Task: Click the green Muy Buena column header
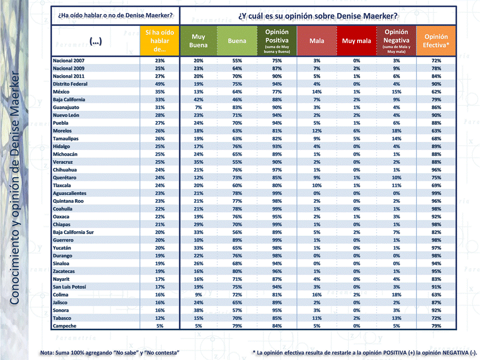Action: [198, 41]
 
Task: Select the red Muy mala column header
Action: [356, 41]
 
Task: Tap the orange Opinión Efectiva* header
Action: [436, 41]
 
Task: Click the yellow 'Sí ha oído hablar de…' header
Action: [159, 41]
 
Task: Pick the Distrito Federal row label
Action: [70, 84]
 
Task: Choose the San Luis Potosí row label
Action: [69, 287]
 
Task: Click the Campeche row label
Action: [65, 326]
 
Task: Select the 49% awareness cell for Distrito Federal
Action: [159, 84]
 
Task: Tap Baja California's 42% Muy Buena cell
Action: [198, 99]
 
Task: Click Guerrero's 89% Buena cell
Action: [237, 240]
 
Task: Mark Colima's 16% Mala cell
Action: [317, 295]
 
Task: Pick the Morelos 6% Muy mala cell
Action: [356, 131]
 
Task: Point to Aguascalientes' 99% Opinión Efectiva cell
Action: [436, 193]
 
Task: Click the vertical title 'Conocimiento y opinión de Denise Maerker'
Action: [15, 190]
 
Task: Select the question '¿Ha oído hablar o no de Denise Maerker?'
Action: [115, 14]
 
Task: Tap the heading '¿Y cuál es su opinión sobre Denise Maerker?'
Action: [318, 15]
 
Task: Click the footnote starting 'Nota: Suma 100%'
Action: [110, 353]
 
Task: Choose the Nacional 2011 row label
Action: [69, 76]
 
